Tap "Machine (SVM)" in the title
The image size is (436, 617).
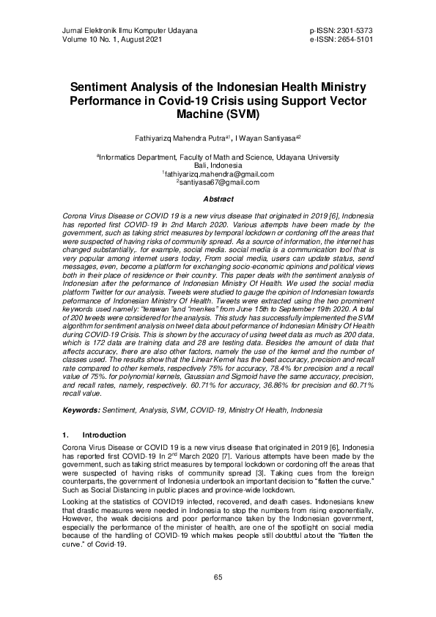tap(218, 114)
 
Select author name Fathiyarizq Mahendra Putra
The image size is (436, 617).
tap(171, 138)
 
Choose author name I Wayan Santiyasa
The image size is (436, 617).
tap(270, 138)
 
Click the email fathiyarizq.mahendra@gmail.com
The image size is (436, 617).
tap(218, 174)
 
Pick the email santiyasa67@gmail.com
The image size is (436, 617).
tap(218, 182)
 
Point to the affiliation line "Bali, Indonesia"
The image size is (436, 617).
tap(218, 166)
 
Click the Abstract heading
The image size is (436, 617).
tap(218, 199)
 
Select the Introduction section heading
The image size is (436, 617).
tap(104, 435)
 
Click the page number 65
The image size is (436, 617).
tap(218, 577)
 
